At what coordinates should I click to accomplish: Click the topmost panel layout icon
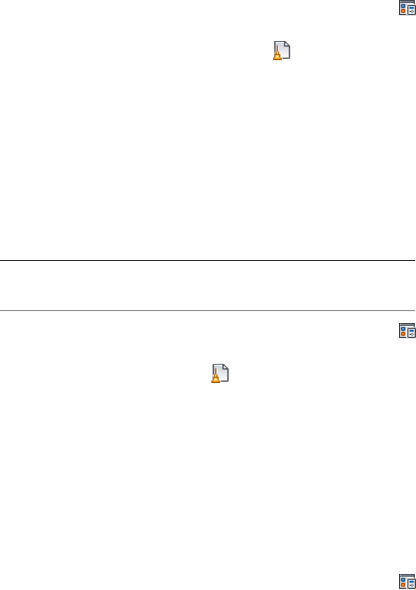pyautogui.click(x=406, y=8)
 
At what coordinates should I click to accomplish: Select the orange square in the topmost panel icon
pyautogui.click(x=402, y=12)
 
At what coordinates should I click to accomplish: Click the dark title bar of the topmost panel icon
pyautogui.click(x=406, y=2)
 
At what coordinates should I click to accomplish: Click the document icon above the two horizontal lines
pyautogui.click(x=281, y=50)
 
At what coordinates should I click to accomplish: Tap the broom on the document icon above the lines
pyautogui.click(x=277, y=55)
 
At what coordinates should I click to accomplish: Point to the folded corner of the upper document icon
pyautogui.click(x=287, y=45)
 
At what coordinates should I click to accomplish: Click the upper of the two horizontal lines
pyautogui.click(x=207, y=260)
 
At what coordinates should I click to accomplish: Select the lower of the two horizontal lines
pyautogui.click(x=207, y=311)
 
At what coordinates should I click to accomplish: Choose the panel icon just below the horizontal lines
pyautogui.click(x=406, y=330)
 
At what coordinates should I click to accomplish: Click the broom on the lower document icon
pyautogui.click(x=217, y=379)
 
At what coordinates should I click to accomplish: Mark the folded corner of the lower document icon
pyautogui.click(x=227, y=368)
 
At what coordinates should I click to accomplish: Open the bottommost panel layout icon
pyautogui.click(x=406, y=582)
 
